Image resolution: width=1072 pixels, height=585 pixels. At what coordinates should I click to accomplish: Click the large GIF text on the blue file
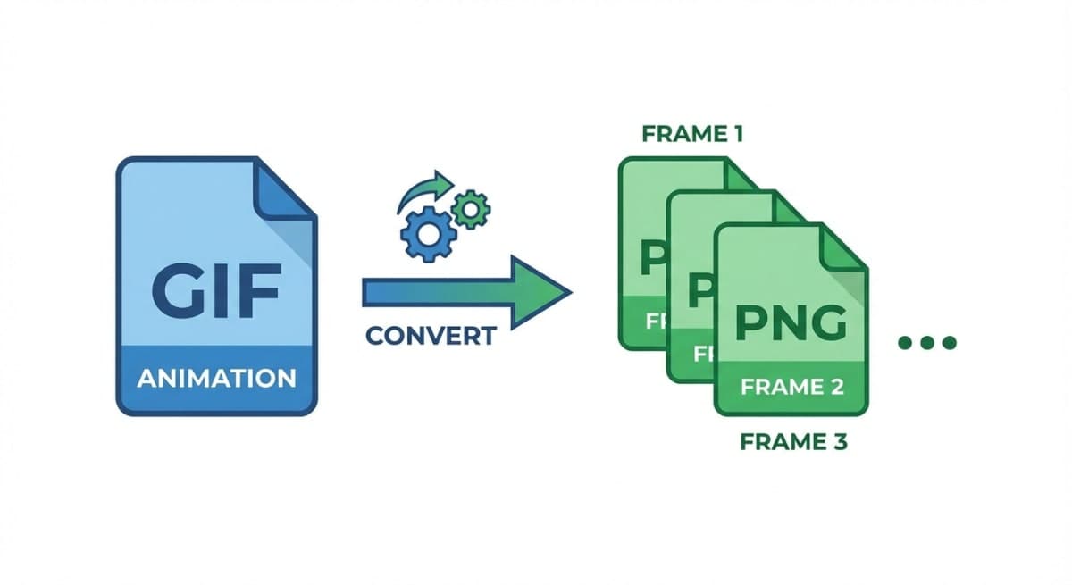[x=216, y=290]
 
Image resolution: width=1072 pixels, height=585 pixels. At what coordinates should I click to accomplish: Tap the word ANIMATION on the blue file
[x=216, y=377]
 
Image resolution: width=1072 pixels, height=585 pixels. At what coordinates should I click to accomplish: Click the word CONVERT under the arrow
[x=431, y=337]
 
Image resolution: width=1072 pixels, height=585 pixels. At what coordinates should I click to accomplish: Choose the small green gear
[x=470, y=209]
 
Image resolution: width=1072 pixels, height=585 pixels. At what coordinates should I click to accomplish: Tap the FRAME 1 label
[x=692, y=135]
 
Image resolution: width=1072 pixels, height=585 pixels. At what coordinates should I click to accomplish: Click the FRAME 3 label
[x=793, y=442]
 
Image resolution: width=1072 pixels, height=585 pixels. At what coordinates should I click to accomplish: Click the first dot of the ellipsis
[x=905, y=342]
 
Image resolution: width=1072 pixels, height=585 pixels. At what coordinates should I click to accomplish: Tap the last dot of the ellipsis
[x=949, y=342]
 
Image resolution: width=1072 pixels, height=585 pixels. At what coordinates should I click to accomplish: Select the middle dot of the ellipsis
[x=927, y=342]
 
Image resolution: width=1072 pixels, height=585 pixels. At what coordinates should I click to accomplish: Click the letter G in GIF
[x=175, y=290]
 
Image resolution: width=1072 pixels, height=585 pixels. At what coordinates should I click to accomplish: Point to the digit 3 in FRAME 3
[x=837, y=442]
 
